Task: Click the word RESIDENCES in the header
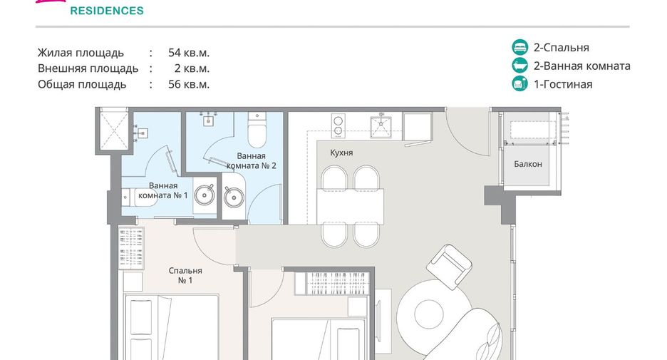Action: click(107, 11)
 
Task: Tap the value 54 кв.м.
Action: click(189, 53)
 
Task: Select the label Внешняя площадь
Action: click(88, 68)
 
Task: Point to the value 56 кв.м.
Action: click(189, 84)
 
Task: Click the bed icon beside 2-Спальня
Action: click(519, 47)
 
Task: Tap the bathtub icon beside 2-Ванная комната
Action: click(519, 66)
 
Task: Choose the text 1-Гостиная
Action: click(563, 84)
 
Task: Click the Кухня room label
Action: click(341, 153)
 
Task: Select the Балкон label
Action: click(528, 164)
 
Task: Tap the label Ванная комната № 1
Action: click(163, 190)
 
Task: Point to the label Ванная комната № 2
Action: click(252, 161)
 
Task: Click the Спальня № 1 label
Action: click(185, 275)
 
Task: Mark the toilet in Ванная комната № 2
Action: click(257, 129)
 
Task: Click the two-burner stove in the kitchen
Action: click(338, 125)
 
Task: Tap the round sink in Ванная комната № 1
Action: click(205, 195)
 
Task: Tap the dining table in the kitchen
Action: click(351, 206)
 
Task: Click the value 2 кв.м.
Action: click(192, 68)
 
